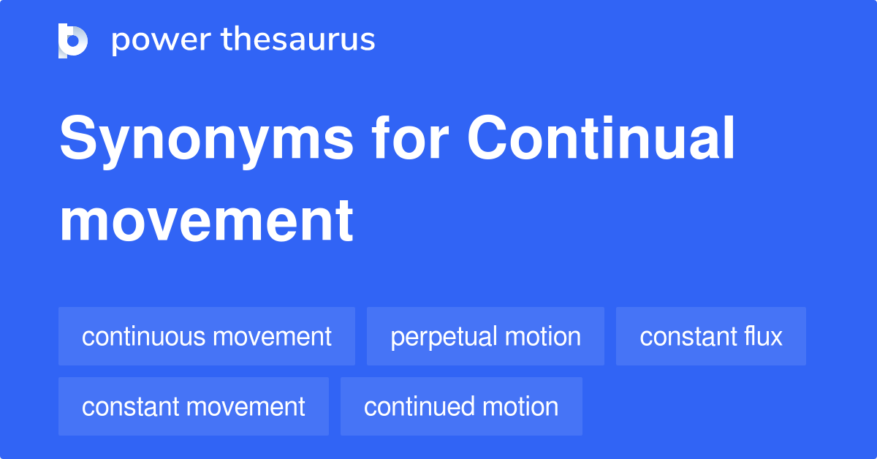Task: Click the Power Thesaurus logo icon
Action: pyautogui.click(x=73, y=41)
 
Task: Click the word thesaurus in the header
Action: pyautogui.click(x=298, y=39)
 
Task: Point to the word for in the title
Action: pyautogui.click(x=410, y=137)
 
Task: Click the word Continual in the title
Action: pyautogui.click(x=601, y=137)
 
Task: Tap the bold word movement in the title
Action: pyautogui.click(x=206, y=221)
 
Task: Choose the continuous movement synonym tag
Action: pyautogui.click(x=207, y=336)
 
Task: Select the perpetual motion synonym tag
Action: pyautogui.click(x=485, y=336)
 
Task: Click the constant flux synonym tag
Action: pyautogui.click(x=711, y=336)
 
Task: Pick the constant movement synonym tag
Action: pyautogui.click(x=194, y=406)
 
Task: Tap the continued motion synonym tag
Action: pyautogui.click(x=461, y=406)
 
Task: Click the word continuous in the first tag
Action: pyautogui.click(x=143, y=336)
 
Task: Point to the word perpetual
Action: pyautogui.click(x=444, y=338)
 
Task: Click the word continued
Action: pyautogui.click(x=419, y=406)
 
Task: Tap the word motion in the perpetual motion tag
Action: pyautogui.click(x=542, y=336)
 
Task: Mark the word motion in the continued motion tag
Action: pyautogui.click(x=520, y=406)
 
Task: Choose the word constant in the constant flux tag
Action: pyautogui.click(x=688, y=336)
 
